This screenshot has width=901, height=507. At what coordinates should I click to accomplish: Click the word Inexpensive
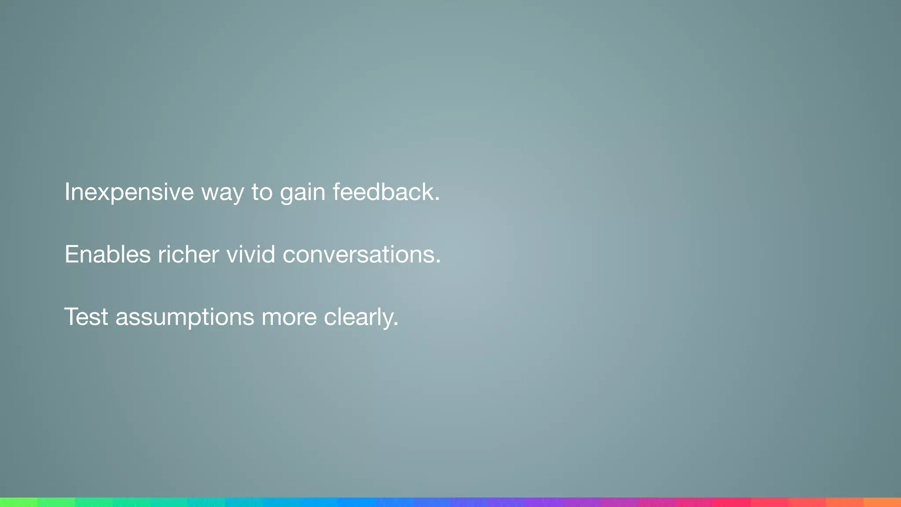coord(129,192)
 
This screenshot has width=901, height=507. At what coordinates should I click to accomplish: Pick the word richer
coord(188,254)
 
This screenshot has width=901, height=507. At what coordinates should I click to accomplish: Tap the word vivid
coord(251,254)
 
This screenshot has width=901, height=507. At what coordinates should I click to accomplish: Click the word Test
coord(86,317)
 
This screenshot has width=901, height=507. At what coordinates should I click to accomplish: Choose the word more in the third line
coord(289,317)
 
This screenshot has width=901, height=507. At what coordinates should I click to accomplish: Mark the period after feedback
coord(437,200)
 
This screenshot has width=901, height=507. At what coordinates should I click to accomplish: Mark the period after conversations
coord(438,263)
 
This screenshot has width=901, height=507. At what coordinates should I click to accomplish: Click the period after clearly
coord(396,325)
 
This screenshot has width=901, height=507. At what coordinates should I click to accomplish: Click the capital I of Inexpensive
coord(67,192)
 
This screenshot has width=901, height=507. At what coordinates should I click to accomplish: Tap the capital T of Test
coord(72,316)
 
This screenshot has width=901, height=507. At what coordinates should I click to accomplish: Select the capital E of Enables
coord(71,254)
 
